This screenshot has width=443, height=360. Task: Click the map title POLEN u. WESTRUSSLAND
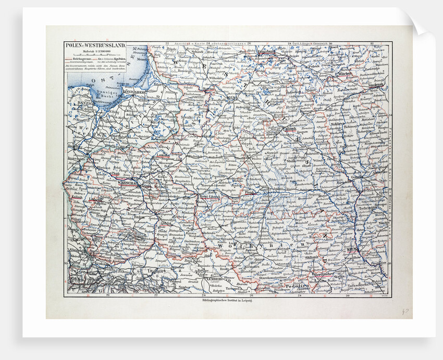(x=94, y=45)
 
